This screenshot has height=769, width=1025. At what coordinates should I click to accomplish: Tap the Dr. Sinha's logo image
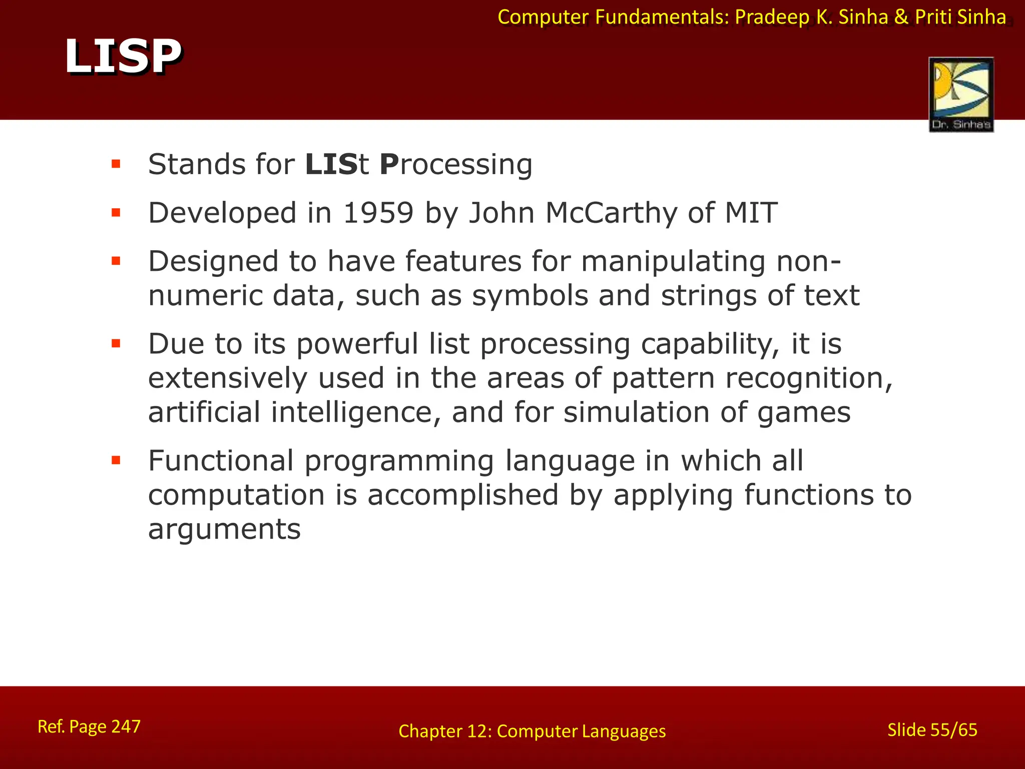961,94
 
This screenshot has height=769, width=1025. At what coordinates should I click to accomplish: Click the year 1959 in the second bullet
378,213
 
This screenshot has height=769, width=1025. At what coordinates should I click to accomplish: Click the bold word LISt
337,164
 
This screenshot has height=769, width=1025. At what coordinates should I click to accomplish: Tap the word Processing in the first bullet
455,165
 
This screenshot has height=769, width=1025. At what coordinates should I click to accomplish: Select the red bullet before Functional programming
116,460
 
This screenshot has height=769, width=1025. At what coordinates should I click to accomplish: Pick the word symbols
530,296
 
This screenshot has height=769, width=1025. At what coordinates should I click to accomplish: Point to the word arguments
224,530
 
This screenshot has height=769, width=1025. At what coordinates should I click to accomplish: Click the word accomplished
462,495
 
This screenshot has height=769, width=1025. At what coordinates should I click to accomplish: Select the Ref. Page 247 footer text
89,726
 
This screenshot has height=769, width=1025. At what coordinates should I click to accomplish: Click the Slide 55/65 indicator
932,730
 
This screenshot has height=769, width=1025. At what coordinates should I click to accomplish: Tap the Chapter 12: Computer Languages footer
532,731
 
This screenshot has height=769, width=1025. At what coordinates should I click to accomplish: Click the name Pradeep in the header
772,18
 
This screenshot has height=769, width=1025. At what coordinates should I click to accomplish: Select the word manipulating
673,262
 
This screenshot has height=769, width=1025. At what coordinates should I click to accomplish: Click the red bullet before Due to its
116,343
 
